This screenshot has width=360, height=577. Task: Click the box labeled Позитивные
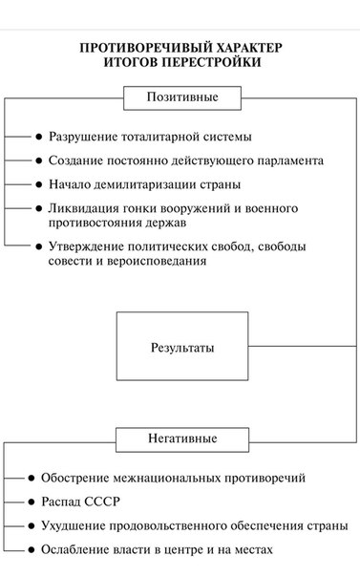click(182, 97)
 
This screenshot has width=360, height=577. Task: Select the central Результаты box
click(182, 346)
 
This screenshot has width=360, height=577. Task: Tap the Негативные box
click(182, 439)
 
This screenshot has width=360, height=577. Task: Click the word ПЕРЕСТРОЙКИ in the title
click(211, 62)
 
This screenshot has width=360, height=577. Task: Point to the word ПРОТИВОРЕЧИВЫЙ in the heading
click(146, 48)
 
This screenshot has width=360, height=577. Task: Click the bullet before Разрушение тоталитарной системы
click(39, 137)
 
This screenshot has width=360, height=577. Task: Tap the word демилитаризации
click(145, 184)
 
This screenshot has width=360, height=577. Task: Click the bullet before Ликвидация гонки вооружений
click(39, 208)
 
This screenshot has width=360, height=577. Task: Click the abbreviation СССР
click(102, 502)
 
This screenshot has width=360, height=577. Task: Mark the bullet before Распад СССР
click(32, 502)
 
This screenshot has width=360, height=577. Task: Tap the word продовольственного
click(168, 525)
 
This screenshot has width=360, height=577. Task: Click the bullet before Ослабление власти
click(32, 549)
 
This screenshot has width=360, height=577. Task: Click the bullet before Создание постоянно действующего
click(39, 160)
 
